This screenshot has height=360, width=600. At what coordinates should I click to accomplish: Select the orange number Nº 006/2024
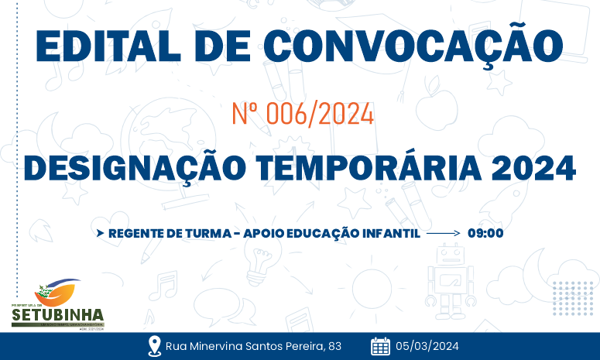pyautogui.click(x=303, y=115)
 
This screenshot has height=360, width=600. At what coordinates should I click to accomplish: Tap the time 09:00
pyautogui.click(x=485, y=232)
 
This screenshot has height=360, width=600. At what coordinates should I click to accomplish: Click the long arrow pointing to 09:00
pyautogui.click(x=444, y=232)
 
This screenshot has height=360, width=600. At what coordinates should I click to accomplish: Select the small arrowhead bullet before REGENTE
pyautogui.click(x=100, y=232)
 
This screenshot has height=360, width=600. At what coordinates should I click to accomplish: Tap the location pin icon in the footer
pyautogui.click(x=154, y=345)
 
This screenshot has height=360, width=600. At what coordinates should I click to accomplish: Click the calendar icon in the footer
pyautogui.click(x=380, y=345)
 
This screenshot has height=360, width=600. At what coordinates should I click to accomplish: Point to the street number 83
pyautogui.click(x=334, y=345)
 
